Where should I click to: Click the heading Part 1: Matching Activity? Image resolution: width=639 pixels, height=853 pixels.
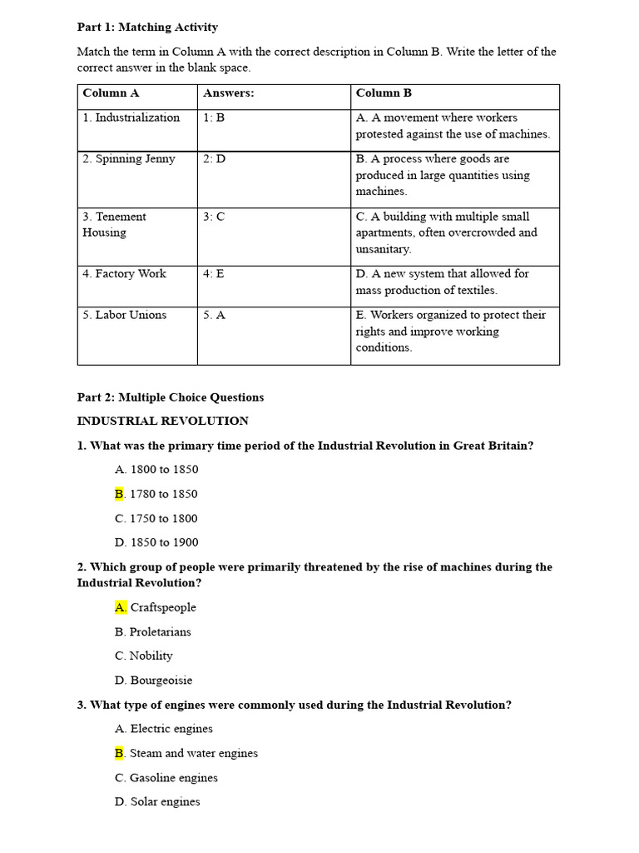point(147,27)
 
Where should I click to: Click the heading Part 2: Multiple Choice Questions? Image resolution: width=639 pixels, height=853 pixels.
point(171,397)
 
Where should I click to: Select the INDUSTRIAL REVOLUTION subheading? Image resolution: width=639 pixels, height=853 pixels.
point(163,421)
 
